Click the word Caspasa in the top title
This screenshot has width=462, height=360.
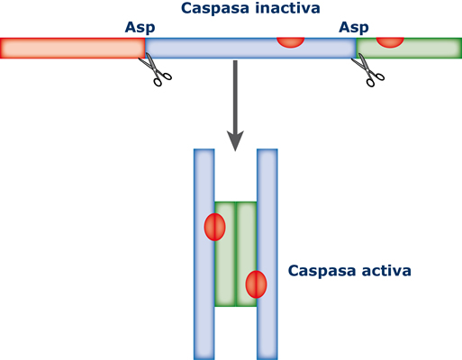pos(215,8)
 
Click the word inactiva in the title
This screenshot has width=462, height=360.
pos(287,8)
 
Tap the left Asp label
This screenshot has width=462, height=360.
pos(140,28)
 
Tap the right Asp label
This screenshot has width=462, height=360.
pos(354,28)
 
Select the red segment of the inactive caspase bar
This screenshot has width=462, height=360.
pos(73,48)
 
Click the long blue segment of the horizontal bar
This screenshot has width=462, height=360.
pos(250,48)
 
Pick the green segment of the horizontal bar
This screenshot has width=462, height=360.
pos(409,48)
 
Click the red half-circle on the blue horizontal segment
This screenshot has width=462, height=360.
pos(291,42)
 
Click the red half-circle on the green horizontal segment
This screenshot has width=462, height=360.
pos(390,42)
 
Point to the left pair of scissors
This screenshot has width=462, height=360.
pos(155,69)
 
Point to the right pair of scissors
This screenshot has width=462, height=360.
pos(368,70)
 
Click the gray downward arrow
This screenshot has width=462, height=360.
pos(235,105)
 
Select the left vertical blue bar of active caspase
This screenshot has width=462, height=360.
pos(204,255)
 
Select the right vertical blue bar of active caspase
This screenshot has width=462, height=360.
pos(267,255)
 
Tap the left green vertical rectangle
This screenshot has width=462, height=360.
pos(225,254)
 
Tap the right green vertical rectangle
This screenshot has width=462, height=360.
pos(246,254)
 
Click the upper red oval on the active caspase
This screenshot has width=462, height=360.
pos(214,227)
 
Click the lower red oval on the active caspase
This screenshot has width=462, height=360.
pos(256,284)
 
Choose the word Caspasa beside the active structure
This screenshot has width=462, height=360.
pos(322,271)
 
